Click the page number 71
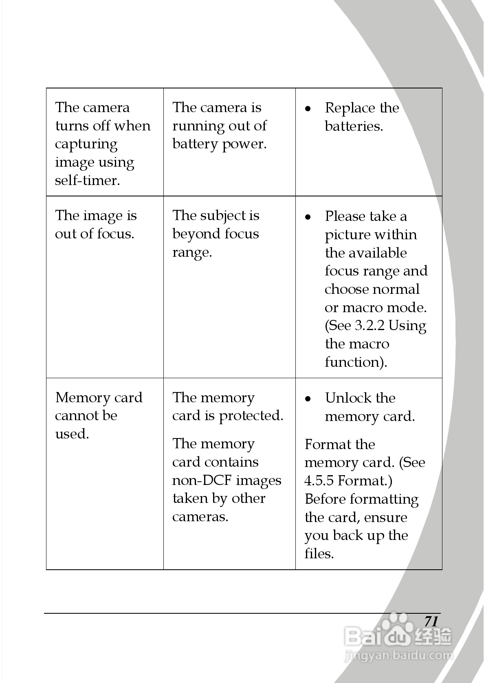(431, 621)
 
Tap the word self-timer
(88, 180)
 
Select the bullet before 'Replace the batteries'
(308, 109)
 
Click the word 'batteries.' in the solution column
(354, 126)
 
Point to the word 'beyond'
(196, 234)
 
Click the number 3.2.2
(370, 326)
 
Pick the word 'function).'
(356, 362)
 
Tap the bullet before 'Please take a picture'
(308, 217)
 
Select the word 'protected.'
(251, 416)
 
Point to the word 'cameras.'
(200, 517)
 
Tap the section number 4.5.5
(319, 481)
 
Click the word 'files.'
(319, 553)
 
